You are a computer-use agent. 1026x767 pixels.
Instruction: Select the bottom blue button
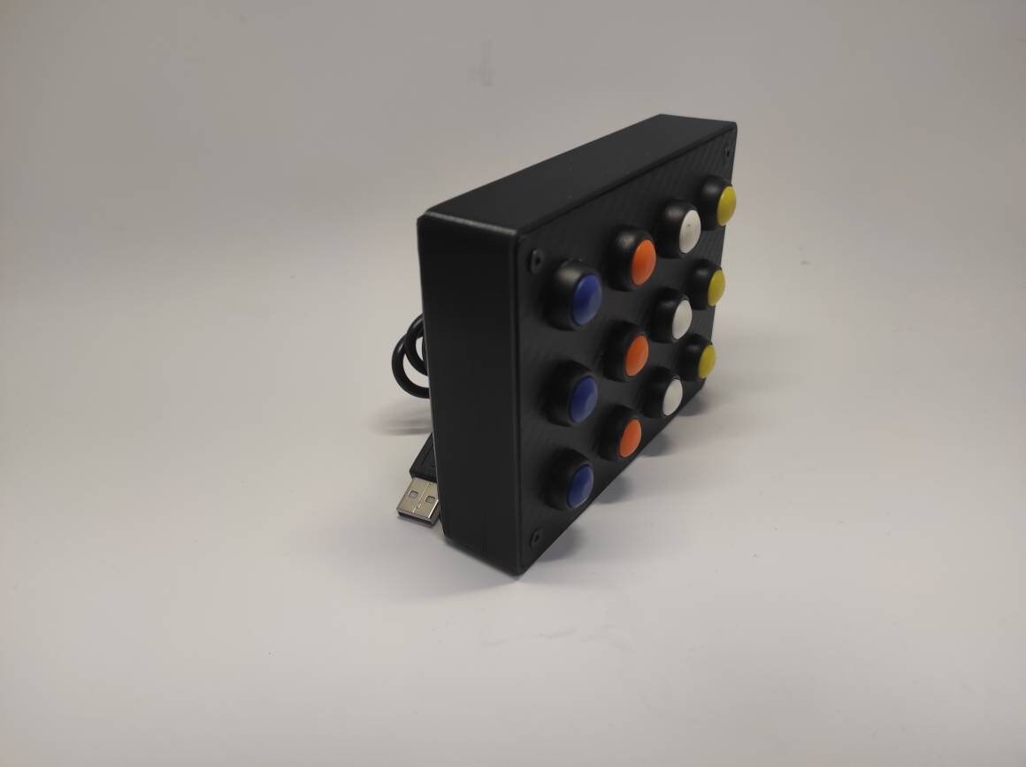(x=580, y=486)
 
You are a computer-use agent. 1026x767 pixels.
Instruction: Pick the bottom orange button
(x=630, y=437)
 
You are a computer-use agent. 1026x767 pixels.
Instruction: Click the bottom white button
(x=672, y=397)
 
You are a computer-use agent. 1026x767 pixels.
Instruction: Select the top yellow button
(x=725, y=204)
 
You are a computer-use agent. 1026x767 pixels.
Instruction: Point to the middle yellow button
(x=716, y=286)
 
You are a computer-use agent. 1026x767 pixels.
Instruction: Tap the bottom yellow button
(x=707, y=360)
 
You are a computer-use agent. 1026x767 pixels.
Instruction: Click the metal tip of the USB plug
(x=418, y=500)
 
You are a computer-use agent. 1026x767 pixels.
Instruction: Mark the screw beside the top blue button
(x=536, y=260)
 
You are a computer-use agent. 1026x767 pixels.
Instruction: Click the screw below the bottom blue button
(x=534, y=537)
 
